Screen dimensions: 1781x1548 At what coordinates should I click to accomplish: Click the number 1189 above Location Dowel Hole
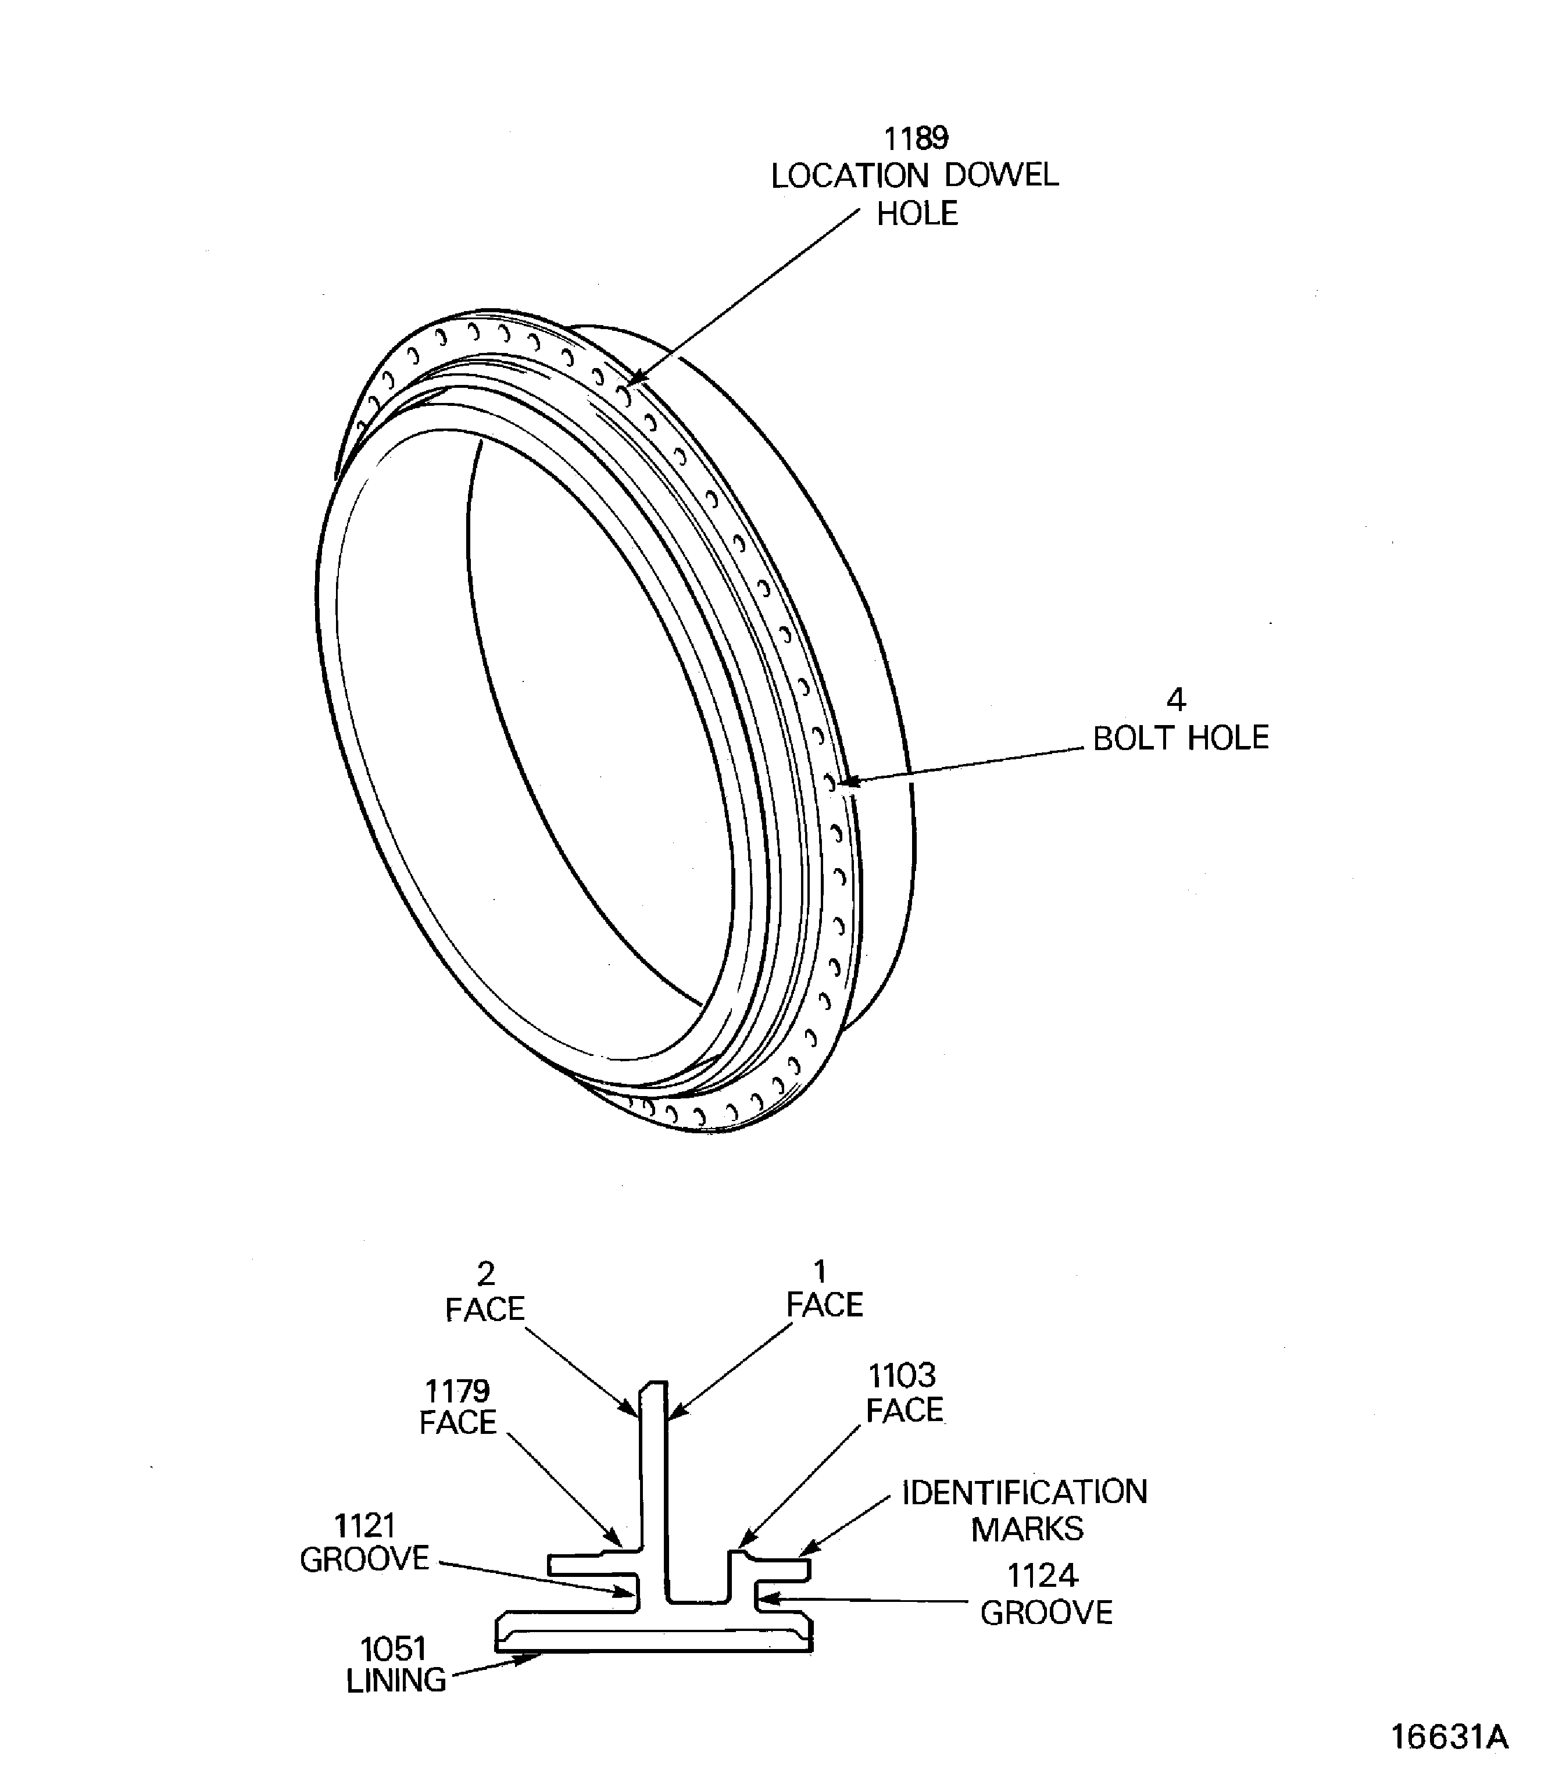click(916, 138)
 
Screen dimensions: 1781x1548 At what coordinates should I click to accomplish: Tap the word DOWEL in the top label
click(1001, 176)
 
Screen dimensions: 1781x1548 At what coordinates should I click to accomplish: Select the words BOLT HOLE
click(1180, 739)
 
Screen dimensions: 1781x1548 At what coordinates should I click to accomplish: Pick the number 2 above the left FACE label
click(487, 1274)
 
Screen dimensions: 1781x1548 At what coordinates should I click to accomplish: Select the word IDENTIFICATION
click(1024, 1493)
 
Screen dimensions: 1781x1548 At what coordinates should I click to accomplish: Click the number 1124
click(1043, 1576)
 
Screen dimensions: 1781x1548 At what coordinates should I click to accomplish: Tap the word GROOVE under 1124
click(1046, 1614)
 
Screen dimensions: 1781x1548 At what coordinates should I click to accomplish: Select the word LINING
click(396, 1681)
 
